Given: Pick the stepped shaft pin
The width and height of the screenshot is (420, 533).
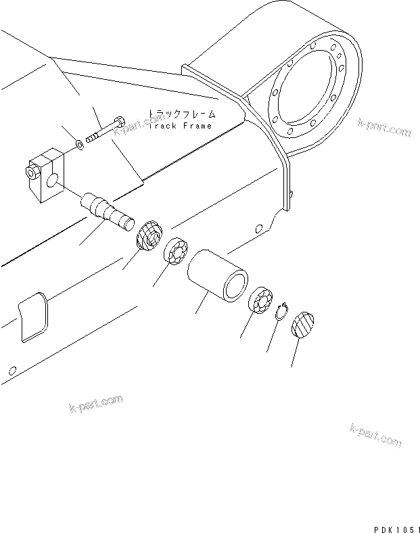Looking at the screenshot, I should click(x=106, y=212).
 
